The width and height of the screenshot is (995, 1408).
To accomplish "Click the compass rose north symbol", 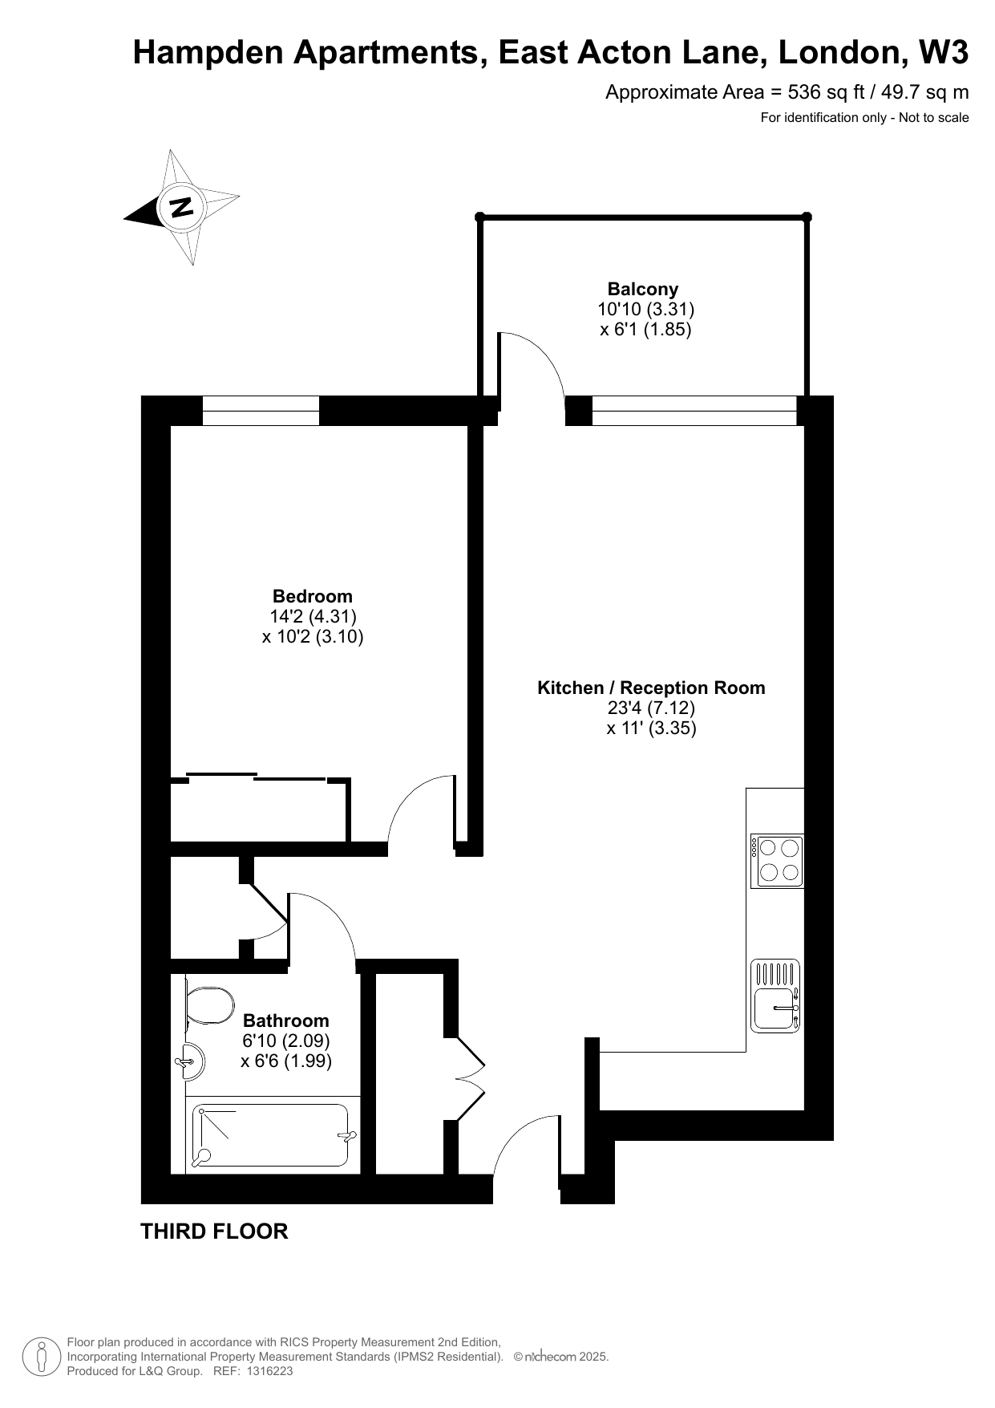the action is pyautogui.click(x=183, y=207).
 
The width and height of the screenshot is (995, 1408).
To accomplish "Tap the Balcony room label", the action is pyautogui.click(x=643, y=289).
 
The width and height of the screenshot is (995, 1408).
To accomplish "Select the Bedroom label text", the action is pyautogui.click(x=313, y=596).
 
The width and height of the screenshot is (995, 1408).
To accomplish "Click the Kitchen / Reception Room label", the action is pyautogui.click(x=651, y=688).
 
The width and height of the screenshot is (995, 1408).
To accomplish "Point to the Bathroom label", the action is pyautogui.click(x=286, y=1020).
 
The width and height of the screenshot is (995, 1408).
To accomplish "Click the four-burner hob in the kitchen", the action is pyautogui.click(x=777, y=861).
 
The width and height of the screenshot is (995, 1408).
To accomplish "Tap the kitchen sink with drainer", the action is pyautogui.click(x=776, y=996).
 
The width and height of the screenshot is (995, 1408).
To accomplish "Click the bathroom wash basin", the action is pyautogui.click(x=191, y=1062).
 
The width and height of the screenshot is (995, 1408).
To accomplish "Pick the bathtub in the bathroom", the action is pyautogui.click(x=271, y=1136).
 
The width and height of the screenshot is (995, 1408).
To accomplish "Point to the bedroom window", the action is pyautogui.click(x=261, y=411).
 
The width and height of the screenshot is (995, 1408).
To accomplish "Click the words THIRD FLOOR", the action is pyautogui.click(x=214, y=1231).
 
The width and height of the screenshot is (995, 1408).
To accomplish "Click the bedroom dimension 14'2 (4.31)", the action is pyautogui.click(x=313, y=616).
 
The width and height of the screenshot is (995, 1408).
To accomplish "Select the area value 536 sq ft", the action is pyautogui.click(x=827, y=92).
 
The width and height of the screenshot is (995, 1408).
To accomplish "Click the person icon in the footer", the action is pyautogui.click(x=41, y=1357).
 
